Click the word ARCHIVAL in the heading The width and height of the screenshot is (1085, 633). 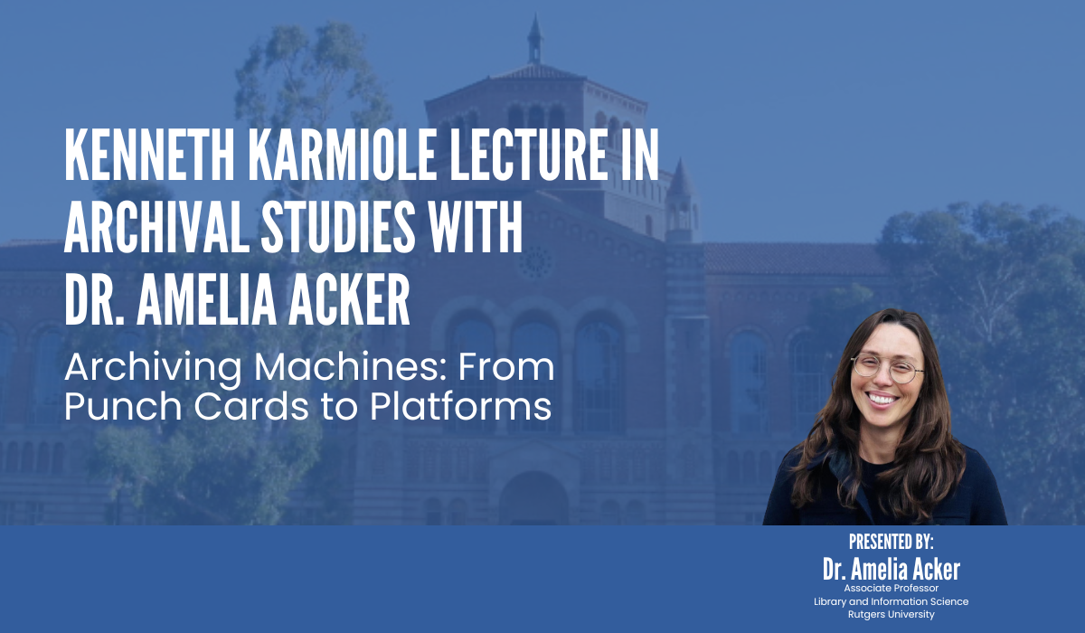coord(154,231)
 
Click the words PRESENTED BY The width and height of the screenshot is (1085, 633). coord(891,542)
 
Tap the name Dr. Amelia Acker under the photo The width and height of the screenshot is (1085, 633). coord(891,569)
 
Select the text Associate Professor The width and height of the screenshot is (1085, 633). coord(891,589)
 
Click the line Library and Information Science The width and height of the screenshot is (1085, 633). coord(891,601)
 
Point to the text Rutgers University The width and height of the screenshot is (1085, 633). coord(891,615)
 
